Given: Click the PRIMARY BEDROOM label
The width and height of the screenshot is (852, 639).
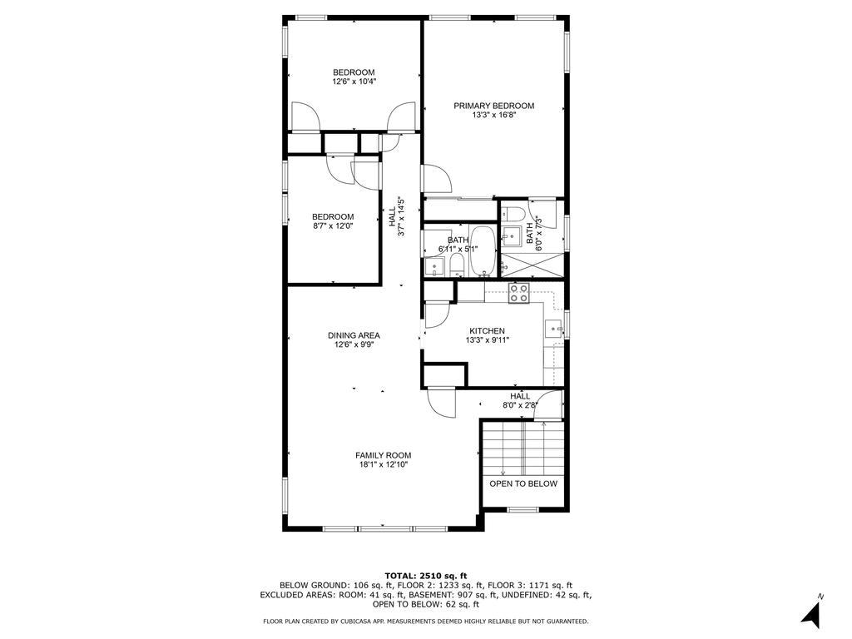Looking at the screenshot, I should (x=493, y=106).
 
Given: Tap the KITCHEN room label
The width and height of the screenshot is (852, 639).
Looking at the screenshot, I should (x=487, y=331).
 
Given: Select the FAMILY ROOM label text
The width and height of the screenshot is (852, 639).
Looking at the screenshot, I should (x=383, y=455).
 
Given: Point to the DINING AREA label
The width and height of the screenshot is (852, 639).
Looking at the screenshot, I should (x=354, y=335).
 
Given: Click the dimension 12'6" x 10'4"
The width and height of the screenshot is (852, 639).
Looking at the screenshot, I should (x=354, y=82).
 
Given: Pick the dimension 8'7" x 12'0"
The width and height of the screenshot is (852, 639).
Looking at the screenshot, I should (x=333, y=225).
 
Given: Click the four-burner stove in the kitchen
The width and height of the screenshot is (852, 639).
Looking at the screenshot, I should (x=519, y=293).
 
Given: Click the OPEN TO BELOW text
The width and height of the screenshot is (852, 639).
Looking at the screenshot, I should (x=523, y=483).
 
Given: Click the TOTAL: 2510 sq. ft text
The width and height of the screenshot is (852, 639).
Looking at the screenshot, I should (x=425, y=576).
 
